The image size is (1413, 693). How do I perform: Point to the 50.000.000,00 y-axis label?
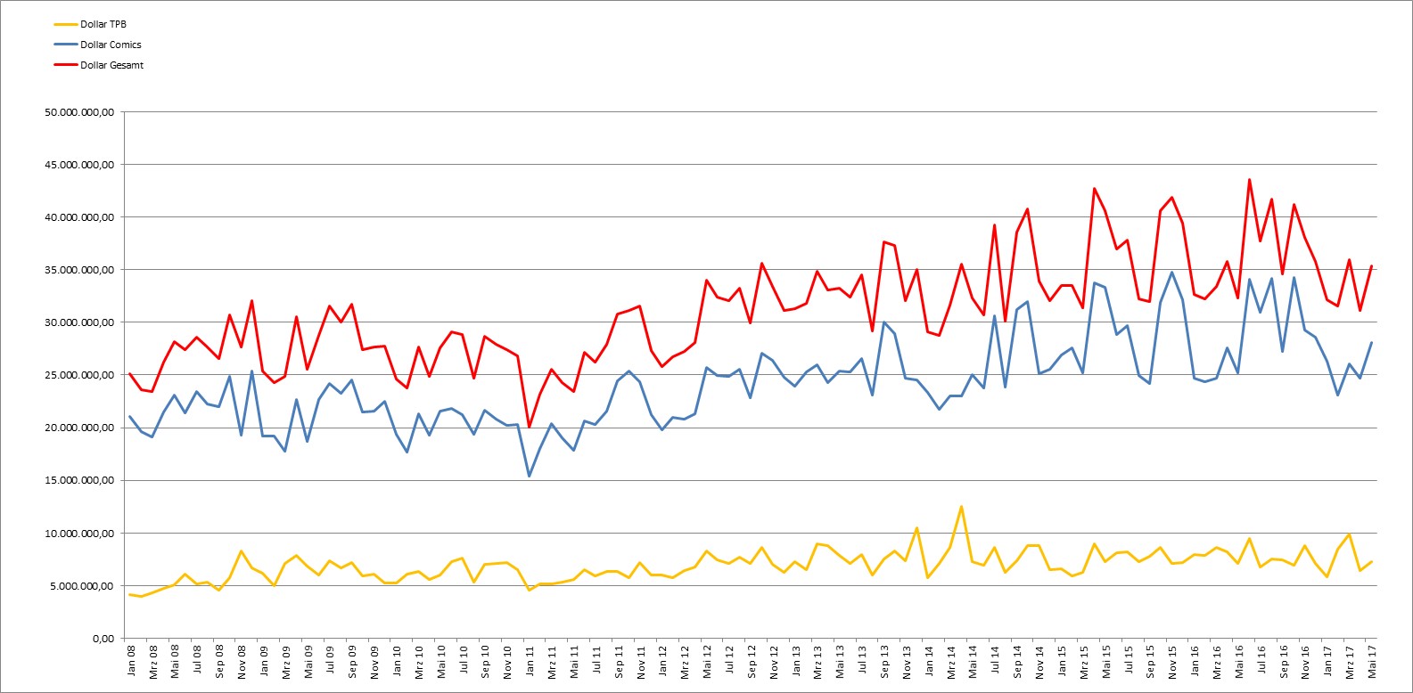pos(79,112)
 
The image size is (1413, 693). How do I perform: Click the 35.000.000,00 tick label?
pos(79,270)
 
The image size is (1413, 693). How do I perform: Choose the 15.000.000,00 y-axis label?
pos(79,480)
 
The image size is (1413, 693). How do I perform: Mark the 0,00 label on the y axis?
pos(103,638)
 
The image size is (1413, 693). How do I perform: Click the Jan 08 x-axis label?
pos(131,660)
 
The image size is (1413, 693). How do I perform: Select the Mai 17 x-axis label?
pos(1371,661)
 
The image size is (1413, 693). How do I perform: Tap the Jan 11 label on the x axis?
pos(530,660)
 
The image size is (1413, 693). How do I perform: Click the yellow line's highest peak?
pos(961,507)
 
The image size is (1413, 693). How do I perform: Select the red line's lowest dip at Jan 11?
pos(530,428)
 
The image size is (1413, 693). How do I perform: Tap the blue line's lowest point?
pos(530,477)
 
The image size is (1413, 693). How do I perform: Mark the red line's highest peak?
pos(1250,180)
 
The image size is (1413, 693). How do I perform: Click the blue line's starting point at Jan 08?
pos(130,417)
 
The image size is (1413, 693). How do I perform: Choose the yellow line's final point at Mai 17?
pos(1371,561)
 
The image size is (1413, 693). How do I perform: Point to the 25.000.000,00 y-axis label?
pos(79,375)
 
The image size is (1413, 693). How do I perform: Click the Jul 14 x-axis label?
pos(995,660)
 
